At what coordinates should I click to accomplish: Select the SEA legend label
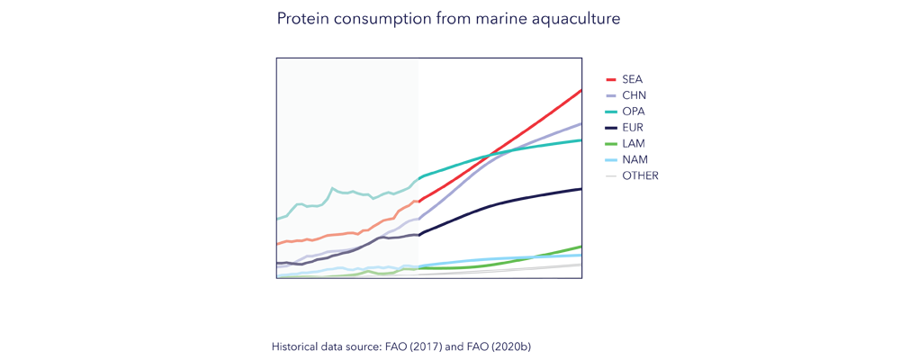[632, 79]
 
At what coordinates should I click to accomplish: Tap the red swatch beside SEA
[611, 79]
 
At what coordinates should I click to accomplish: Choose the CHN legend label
[634, 95]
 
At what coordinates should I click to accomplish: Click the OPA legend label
[633, 112]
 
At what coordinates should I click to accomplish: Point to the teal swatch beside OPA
[611, 112]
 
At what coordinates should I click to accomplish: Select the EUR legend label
[633, 128]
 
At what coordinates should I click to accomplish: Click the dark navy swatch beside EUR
[611, 128]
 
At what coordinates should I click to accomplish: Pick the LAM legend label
[634, 144]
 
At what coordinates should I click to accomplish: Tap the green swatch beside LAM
[611, 144]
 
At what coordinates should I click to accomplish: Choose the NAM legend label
[634, 160]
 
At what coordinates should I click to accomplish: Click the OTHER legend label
[640, 176]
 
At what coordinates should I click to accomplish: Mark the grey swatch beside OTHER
[611, 176]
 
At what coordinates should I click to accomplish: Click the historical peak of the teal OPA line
[333, 188]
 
